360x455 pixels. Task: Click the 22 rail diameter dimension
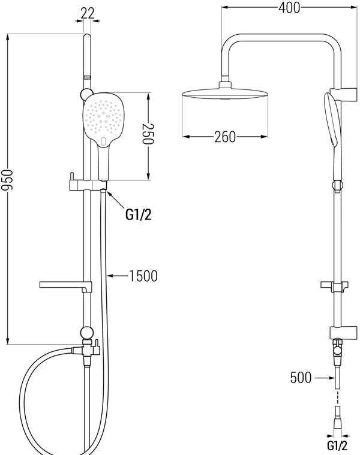pos(88,13)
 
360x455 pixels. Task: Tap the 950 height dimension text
pos(7,180)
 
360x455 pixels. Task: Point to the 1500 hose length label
pos(143,276)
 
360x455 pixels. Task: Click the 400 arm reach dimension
pos(289,8)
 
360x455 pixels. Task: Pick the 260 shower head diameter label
pos(225,137)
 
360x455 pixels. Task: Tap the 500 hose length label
pos(301,378)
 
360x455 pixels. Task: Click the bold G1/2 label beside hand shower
pos(139,215)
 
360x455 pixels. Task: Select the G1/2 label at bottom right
pos(337,445)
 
